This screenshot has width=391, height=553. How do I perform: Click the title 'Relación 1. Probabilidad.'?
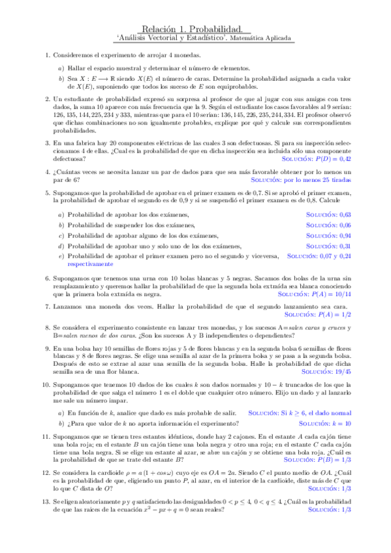tap(195, 29)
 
